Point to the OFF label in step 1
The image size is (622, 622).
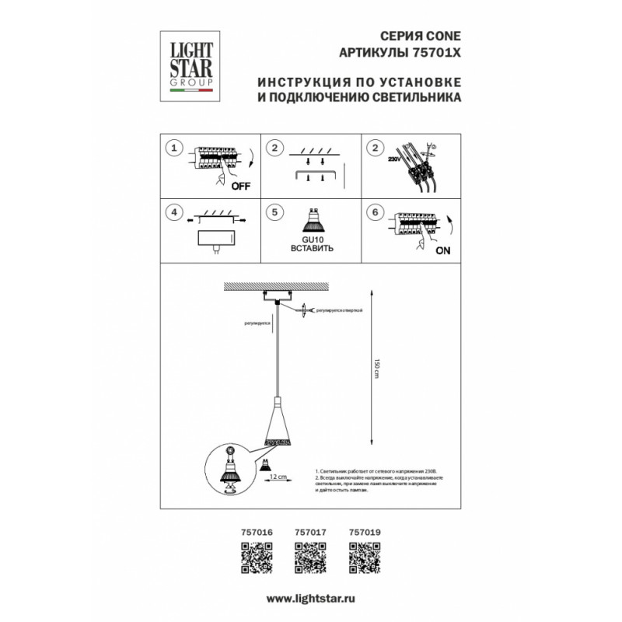coord(242,186)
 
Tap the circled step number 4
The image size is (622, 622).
coord(176,211)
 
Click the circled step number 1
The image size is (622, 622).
coord(176,148)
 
